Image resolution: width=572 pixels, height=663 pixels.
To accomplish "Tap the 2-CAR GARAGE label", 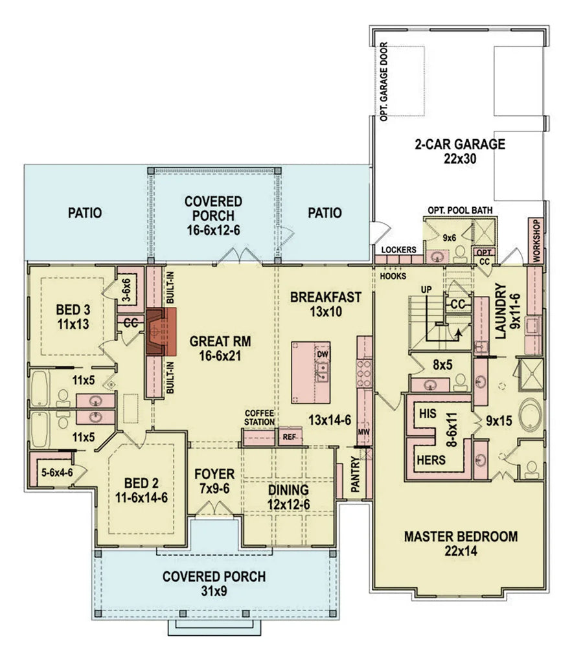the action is pos(460,144).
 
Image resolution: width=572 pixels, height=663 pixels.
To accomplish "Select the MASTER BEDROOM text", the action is pos(461,536).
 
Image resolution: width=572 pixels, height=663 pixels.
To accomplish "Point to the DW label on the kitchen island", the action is pos(323,354).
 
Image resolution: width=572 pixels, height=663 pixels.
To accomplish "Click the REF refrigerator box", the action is pos(290,437).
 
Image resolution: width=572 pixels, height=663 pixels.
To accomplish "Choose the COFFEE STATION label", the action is pos(259,418).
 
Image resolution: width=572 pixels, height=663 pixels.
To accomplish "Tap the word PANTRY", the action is pos(356,476).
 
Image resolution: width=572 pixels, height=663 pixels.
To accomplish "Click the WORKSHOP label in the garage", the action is pos(536,240).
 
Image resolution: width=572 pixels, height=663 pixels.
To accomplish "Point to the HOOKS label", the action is pos(393,276).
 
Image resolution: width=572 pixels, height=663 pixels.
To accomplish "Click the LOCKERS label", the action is pos(398,250).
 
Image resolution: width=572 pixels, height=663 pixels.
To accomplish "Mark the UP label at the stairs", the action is pos(426,289).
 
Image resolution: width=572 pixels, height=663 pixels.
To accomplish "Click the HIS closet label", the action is pos(428,413).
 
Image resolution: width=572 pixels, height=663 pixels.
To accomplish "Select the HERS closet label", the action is pos(431,460).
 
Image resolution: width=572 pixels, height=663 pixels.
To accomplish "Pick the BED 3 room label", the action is pos(73,309).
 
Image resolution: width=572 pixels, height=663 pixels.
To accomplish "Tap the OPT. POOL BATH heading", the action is pos(460,210).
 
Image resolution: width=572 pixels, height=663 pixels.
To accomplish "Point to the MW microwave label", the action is pos(364,432).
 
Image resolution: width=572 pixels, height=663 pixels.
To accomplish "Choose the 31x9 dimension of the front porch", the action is pos(214,590).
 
